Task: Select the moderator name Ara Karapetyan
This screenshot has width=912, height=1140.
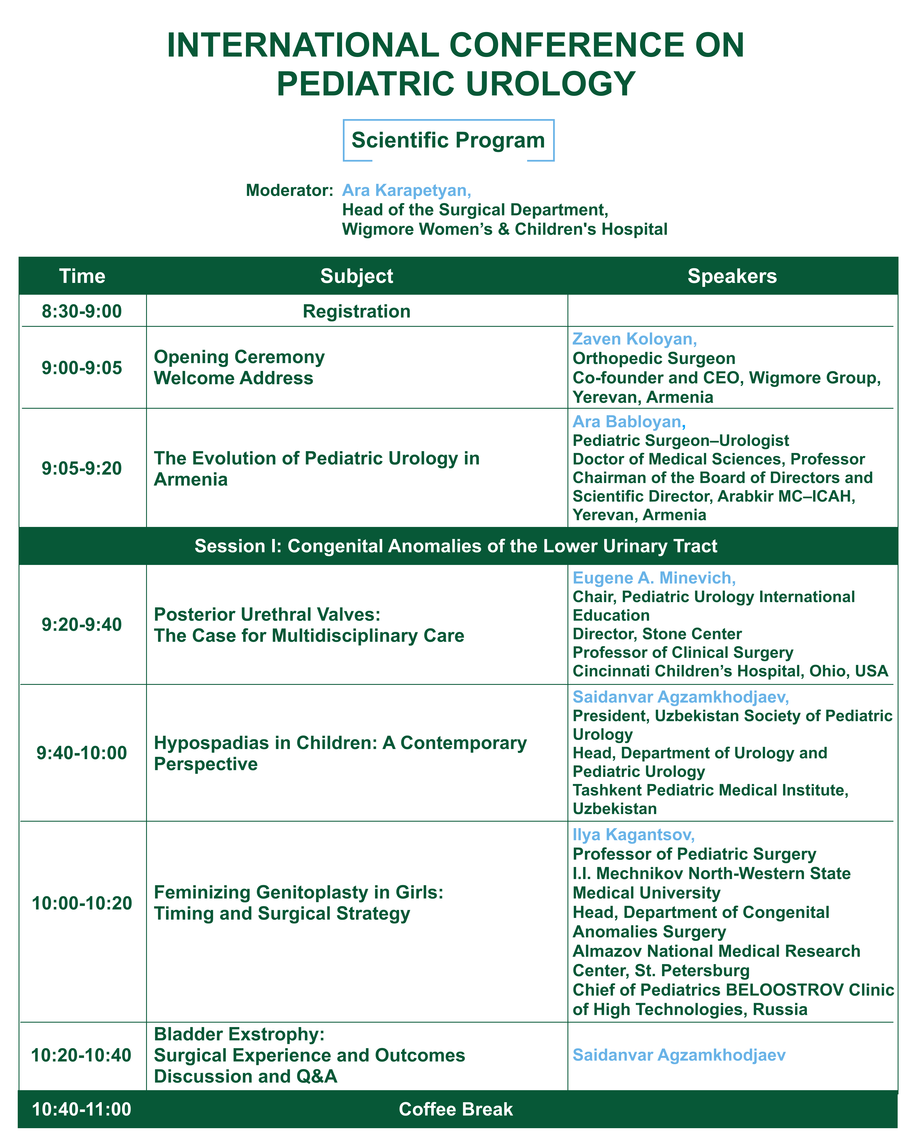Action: [406, 190]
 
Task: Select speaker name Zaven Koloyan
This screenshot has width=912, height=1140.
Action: [634, 339]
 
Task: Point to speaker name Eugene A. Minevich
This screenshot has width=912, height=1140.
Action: [653, 578]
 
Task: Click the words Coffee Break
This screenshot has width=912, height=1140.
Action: [456, 1109]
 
